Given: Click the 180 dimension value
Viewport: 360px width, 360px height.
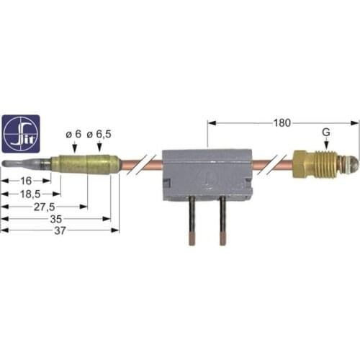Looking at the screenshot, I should pyautogui.click(x=282, y=123).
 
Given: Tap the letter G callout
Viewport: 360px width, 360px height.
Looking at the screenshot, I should pyautogui.click(x=327, y=132).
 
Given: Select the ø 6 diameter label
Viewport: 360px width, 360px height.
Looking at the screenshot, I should pyautogui.click(x=73, y=135).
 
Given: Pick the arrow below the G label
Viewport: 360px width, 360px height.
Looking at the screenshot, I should pyautogui.click(x=327, y=146).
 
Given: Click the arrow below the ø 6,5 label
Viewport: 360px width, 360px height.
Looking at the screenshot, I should pyautogui.click(x=94, y=147).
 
